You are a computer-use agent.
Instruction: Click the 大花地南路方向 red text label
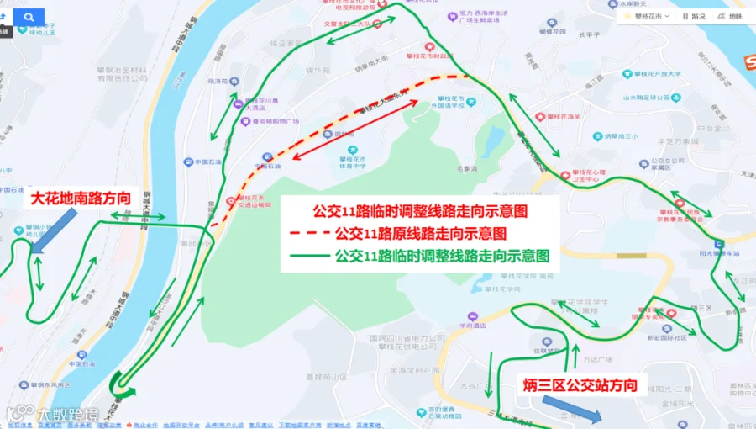click(81, 199)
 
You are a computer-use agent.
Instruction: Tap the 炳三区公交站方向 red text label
click(579, 386)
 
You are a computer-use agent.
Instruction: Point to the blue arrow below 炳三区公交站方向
click(570, 410)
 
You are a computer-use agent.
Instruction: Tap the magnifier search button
click(30, 16)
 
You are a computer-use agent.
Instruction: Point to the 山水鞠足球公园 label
click(652, 97)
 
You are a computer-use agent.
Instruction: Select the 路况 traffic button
click(694, 16)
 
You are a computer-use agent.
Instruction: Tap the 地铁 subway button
click(731, 16)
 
